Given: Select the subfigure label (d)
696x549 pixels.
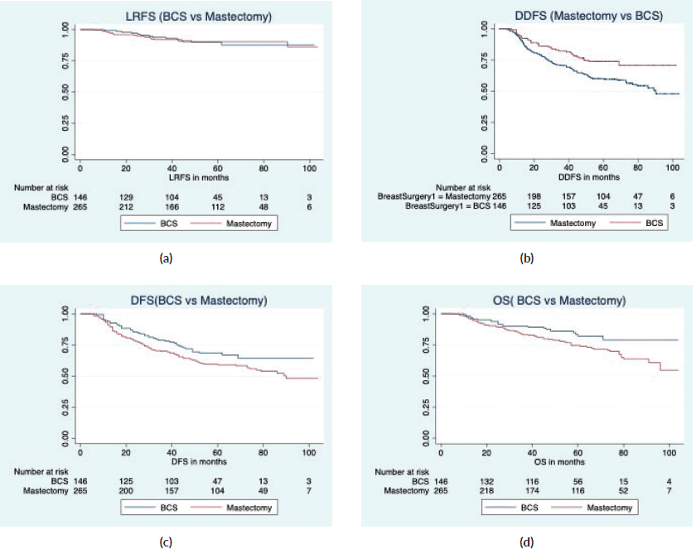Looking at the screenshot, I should (x=526, y=542).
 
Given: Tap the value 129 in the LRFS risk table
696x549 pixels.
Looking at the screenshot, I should (x=126, y=197).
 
